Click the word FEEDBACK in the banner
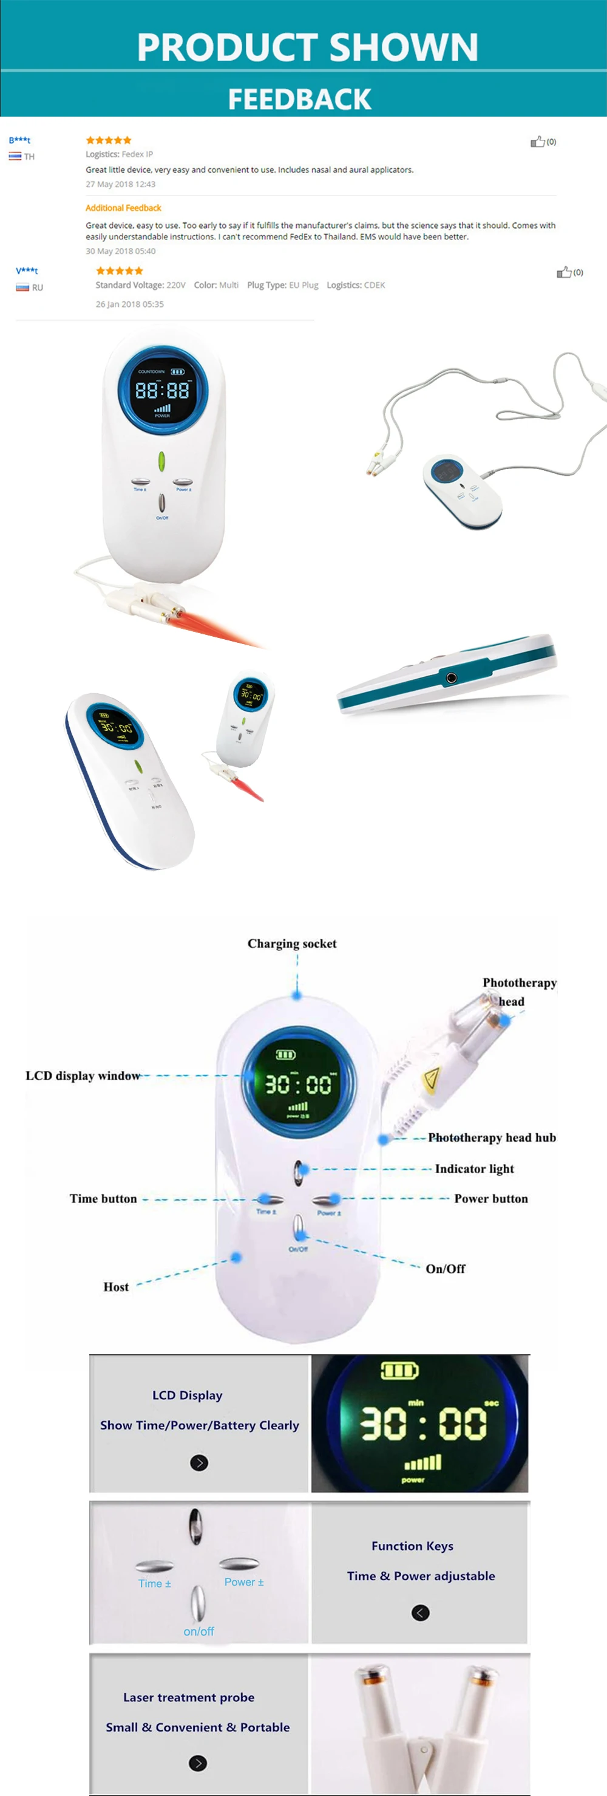[300, 99]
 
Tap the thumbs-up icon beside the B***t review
[537, 142]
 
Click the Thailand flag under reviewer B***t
[15, 156]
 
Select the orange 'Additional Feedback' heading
[123, 208]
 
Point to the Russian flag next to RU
[22, 287]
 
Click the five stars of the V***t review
[119, 270]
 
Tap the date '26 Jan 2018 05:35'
[130, 304]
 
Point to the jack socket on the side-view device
[451, 677]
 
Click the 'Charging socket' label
[291, 944]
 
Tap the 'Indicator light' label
[474, 1168]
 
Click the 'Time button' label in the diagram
[103, 1199]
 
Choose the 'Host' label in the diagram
[116, 1287]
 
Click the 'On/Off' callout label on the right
[446, 1269]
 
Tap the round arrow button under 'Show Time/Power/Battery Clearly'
[199, 1462]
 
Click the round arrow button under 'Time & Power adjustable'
[420, 1613]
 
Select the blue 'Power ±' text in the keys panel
[244, 1582]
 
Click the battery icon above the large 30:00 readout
[399, 1371]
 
